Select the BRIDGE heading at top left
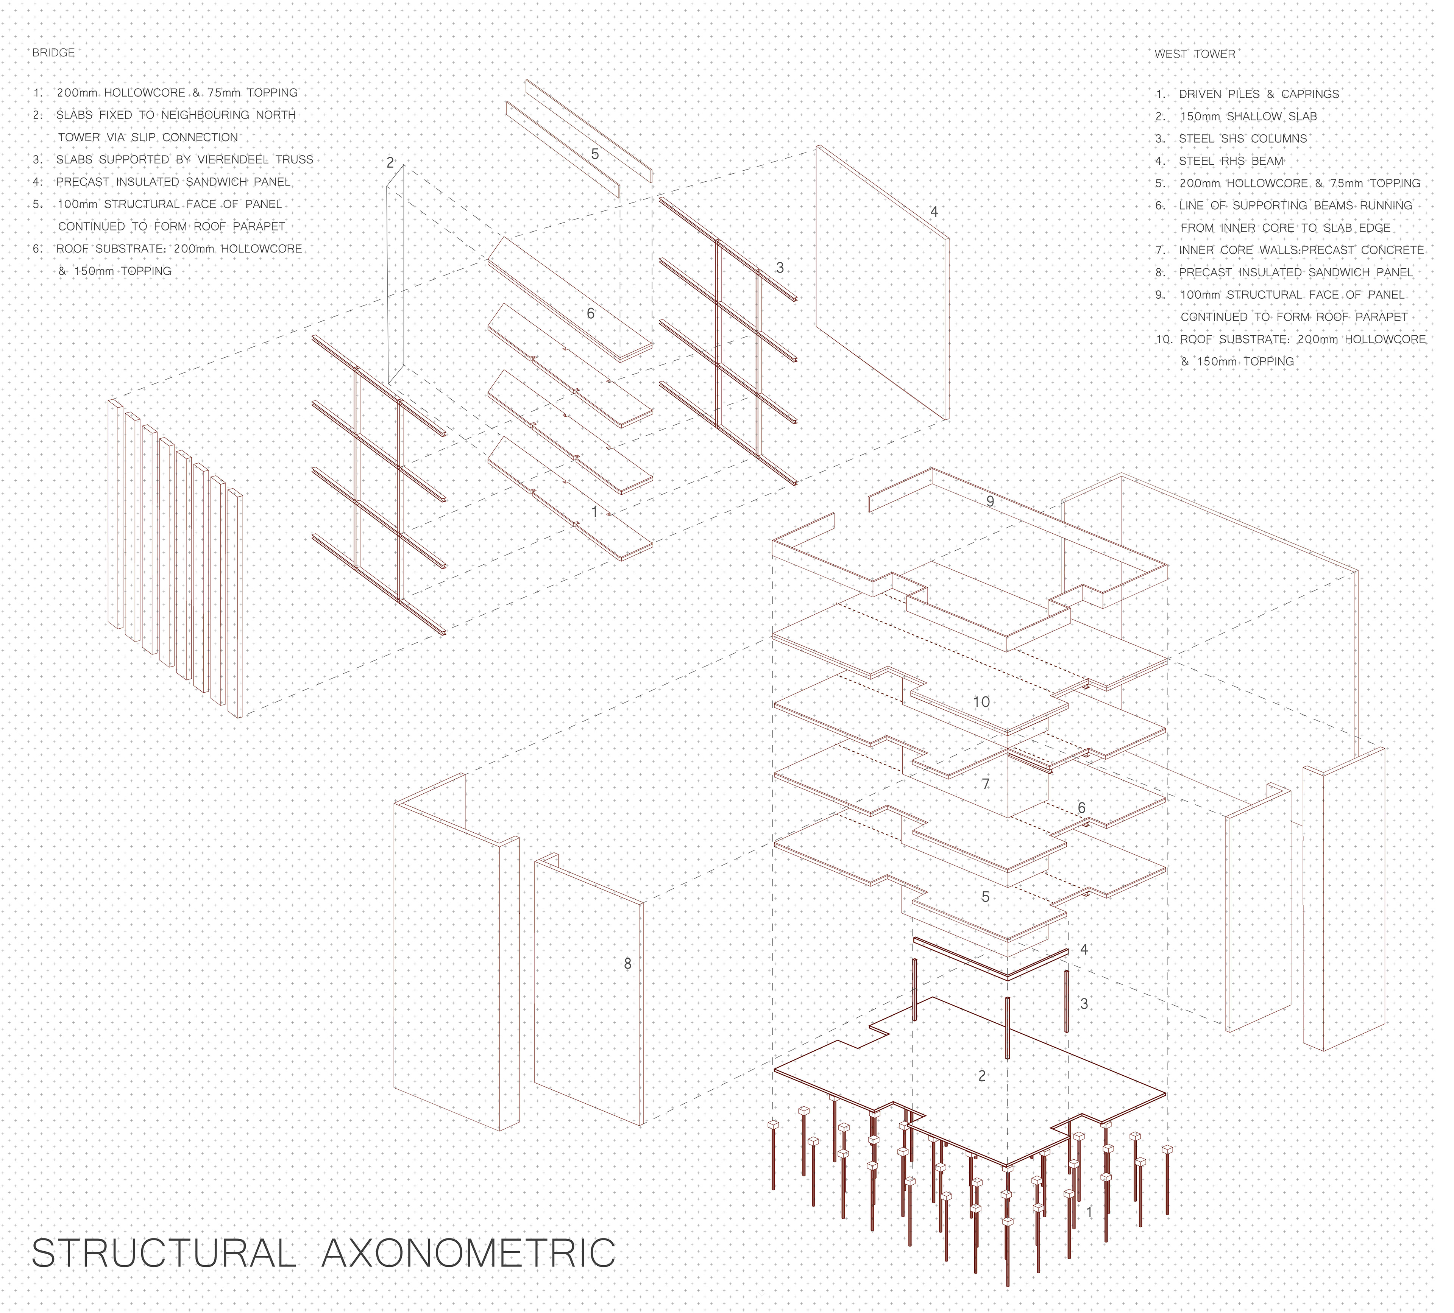point(53,53)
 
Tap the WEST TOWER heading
point(1195,54)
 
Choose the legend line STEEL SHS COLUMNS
point(1243,139)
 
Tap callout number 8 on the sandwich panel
point(627,963)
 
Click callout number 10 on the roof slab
point(981,702)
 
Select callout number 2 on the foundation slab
point(981,1076)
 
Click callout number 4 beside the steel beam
point(1084,950)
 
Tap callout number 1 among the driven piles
point(1089,1212)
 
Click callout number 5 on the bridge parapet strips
point(595,154)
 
